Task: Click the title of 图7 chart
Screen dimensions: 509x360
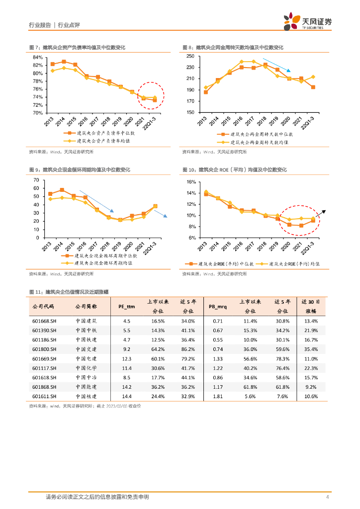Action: [77, 48]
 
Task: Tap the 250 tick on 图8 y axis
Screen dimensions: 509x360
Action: [190, 56]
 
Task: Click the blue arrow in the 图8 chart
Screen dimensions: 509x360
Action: [276, 65]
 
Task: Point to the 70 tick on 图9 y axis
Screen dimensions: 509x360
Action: [36, 180]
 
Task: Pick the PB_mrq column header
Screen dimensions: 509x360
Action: [217, 307]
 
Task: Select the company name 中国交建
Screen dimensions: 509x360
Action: [86, 349]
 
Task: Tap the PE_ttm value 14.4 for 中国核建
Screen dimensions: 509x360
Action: [127, 396]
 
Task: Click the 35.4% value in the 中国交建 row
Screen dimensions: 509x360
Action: [311, 349]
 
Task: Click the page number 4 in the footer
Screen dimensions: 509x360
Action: [327, 497]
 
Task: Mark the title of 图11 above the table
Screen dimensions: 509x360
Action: [69, 292]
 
